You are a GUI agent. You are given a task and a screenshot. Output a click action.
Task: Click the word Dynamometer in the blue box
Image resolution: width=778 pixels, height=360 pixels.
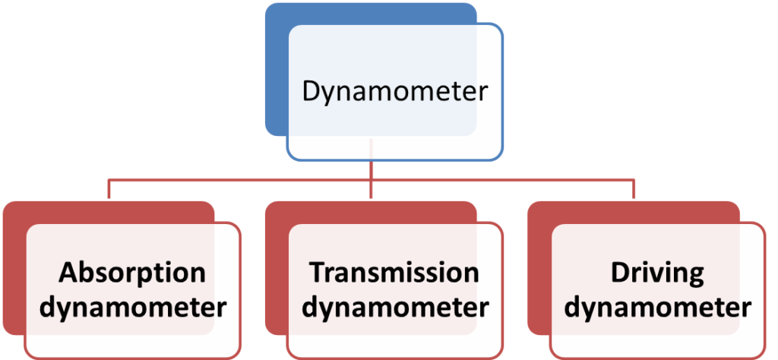(394, 92)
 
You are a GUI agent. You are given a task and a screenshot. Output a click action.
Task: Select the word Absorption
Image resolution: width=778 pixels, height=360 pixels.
(133, 273)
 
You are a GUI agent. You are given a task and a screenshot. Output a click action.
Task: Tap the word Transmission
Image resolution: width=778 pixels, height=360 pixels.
(394, 273)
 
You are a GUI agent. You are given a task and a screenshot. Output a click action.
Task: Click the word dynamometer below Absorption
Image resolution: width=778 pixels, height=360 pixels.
(133, 308)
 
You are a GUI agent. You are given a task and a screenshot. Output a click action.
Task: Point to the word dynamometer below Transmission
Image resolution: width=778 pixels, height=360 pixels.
(394, 308)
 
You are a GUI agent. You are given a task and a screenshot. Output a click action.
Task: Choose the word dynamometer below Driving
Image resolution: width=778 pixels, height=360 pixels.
(657, 308)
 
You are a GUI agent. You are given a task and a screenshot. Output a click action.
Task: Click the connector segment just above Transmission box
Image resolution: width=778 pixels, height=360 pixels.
(370, 191)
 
